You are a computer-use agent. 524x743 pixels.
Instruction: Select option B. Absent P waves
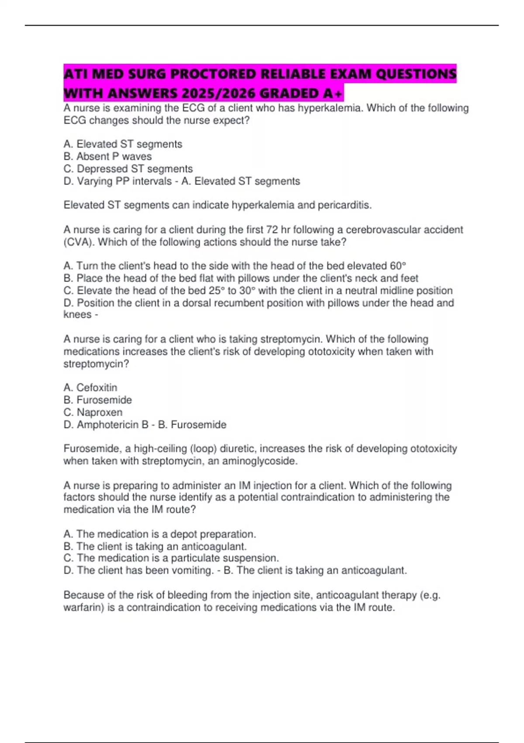pos(107,156)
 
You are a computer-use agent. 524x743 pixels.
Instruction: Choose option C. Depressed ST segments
pos(128,169)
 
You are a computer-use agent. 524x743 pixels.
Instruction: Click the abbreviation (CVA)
pos(79,242)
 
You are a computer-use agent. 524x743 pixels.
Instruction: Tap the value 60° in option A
pos(398,266)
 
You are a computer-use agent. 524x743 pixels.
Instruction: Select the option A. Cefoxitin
pos(90,388)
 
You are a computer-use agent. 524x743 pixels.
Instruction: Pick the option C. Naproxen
pos(93,412)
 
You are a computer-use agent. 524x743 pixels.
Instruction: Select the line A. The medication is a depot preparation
pos(160,534)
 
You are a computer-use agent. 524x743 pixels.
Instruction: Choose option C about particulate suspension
pos(171,558)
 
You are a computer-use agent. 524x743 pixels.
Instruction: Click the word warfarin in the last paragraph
pos(83,608)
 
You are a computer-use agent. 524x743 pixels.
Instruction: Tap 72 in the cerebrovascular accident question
pos(272,230)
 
